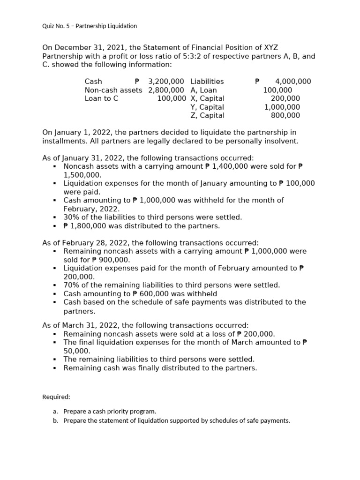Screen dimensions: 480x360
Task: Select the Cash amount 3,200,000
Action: (166, 82)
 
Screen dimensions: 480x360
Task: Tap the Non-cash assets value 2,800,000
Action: (166, 90)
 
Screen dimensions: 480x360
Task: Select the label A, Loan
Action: (203, 90)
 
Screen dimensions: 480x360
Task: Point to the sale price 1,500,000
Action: (82, 175)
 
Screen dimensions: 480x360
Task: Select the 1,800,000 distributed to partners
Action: (88, 226)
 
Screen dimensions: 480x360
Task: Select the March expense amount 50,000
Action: (77, 351)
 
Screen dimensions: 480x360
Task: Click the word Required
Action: (56, 397)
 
